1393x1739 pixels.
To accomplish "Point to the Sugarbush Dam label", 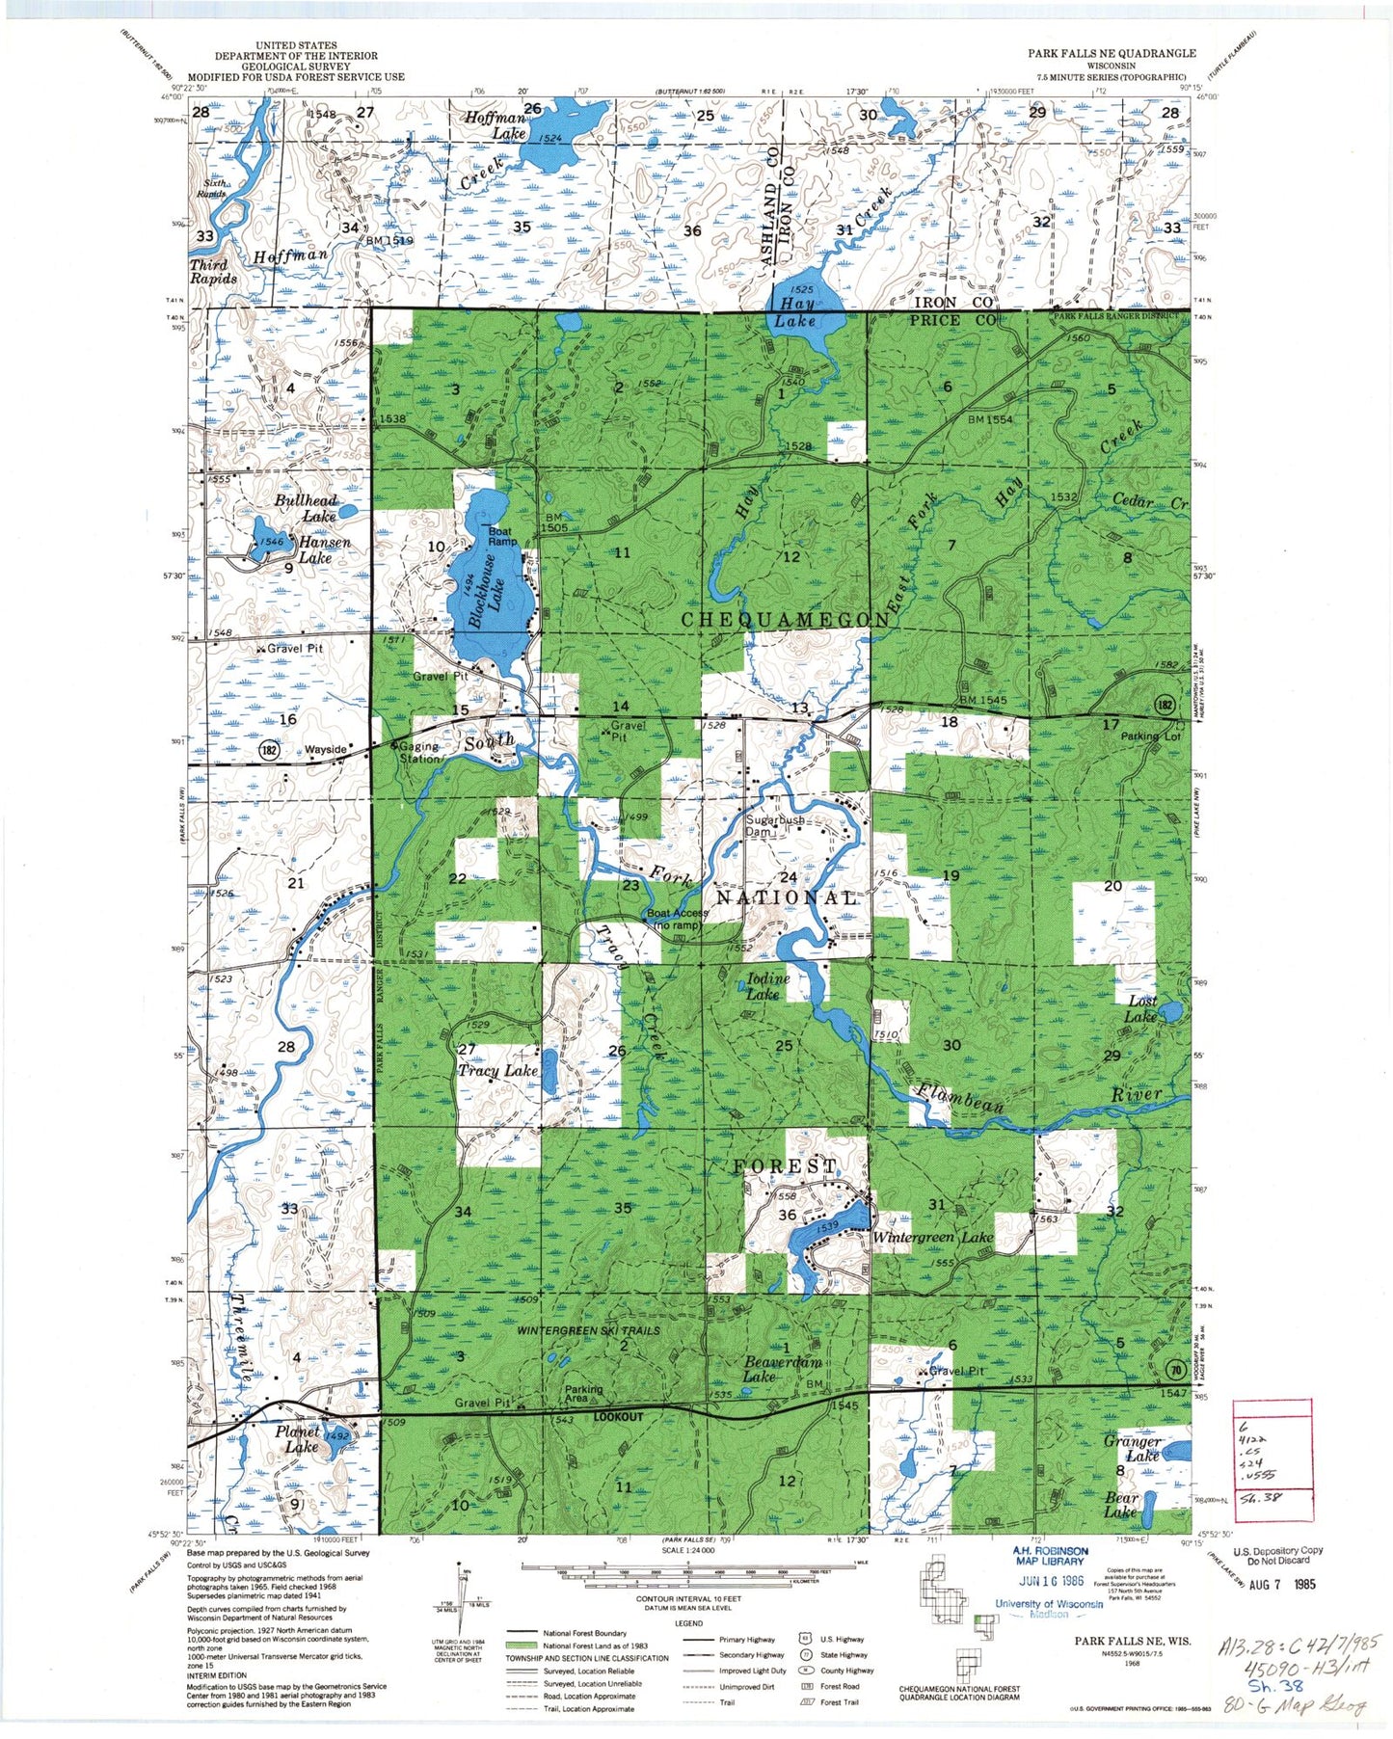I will [775, 826].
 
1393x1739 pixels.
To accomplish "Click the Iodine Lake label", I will [768, 985].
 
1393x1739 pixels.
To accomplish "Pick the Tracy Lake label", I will [497, 1071].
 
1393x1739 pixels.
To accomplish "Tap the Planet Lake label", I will [296, 1439].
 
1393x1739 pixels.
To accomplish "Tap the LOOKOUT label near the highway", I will [618, 1417].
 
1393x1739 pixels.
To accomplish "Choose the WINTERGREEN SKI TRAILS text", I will [588, 1330].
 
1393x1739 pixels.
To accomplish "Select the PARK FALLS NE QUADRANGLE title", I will [1111, 53].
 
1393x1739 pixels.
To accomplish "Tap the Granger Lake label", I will [1135, 1449].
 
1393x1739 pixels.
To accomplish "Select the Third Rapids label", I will [213, 271].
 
